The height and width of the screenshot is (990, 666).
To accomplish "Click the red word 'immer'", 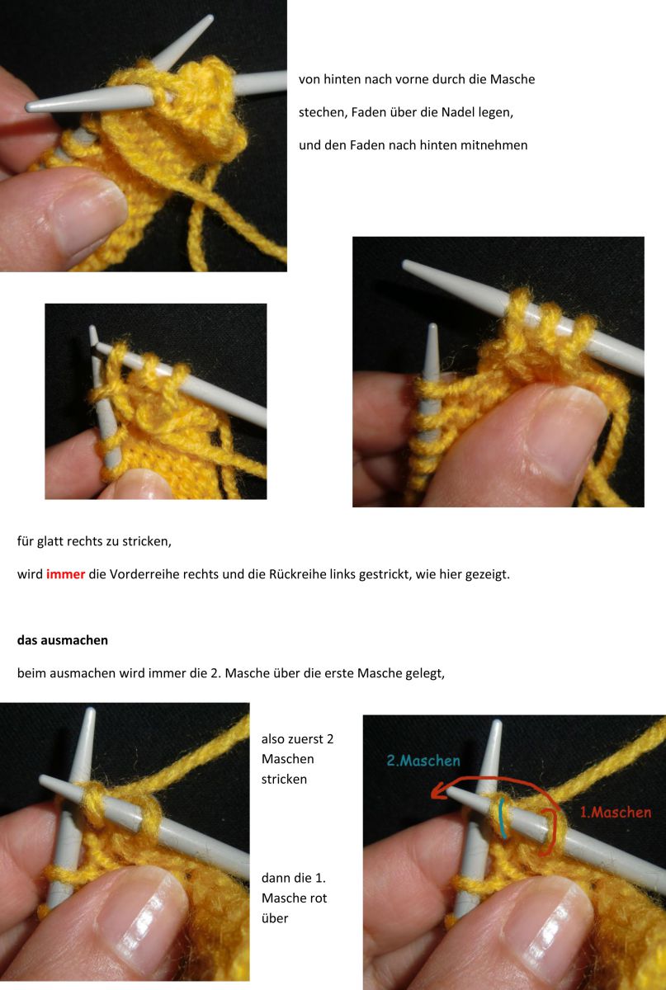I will coord(65,574).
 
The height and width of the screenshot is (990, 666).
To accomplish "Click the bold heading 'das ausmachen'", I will coord(62,639).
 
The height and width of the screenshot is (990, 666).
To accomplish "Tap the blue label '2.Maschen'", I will coord(423,761).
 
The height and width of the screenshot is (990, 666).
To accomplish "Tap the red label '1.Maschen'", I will coord(615,812).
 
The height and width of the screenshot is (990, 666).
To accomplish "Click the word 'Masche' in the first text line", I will coord(513,79).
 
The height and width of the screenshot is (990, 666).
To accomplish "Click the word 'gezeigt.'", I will coord(486,574).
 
